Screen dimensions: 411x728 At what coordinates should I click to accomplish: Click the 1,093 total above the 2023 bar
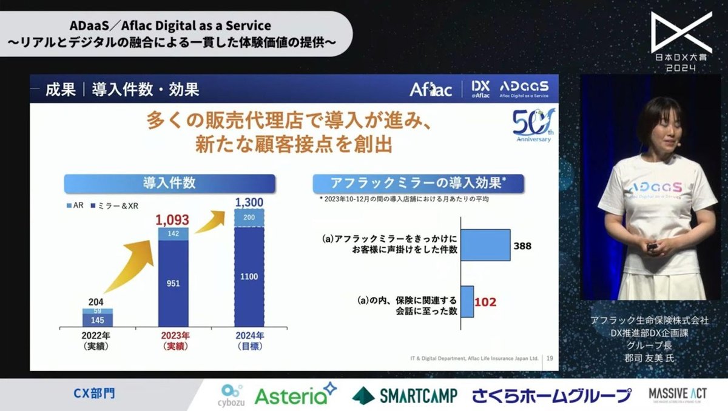[x=172, y=219]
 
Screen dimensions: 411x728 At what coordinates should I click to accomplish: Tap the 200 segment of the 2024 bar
[x=249, y=217]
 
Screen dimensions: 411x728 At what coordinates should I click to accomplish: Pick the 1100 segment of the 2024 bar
[x=249, y=276]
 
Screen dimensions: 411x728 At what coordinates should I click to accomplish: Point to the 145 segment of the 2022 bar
[x=97, y=320]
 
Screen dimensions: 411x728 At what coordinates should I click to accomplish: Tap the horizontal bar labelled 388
[x=485, y=244]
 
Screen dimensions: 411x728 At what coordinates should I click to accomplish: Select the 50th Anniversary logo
[x=533, y=125]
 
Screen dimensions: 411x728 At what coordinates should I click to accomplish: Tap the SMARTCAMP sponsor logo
[x=405, y=395]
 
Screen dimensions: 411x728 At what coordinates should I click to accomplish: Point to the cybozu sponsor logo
[x=230, y=395]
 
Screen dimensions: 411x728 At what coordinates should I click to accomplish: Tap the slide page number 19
[x=549, y=359]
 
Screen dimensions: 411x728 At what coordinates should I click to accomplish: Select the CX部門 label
[x=94, y=394]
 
